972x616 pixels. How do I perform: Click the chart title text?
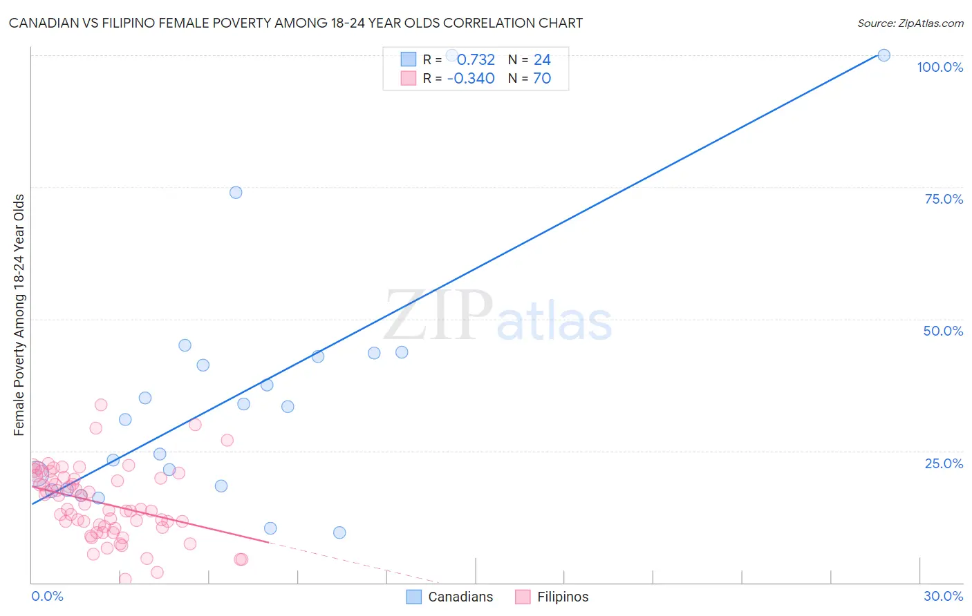[296, 23]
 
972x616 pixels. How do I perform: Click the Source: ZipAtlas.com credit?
[910, 23]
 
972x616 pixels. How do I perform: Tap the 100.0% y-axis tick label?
[940, 67]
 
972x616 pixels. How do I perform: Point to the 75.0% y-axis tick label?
[944, 199]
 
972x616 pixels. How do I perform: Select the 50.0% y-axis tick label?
[943, 331]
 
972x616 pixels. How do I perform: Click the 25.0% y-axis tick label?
[944, 463]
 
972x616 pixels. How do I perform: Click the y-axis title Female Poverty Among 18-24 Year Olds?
[19, 315]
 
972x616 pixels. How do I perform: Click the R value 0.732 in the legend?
[476, 60]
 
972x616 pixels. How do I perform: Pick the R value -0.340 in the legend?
[471, 79]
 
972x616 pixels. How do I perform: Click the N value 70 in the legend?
[542, 79]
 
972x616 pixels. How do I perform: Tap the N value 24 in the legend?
[542, 60]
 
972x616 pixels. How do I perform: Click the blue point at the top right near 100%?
[884, 55]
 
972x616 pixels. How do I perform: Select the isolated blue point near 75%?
[236, 193]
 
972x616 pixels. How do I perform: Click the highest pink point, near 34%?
[101, 405]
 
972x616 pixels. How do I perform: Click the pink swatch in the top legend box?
[409, 79]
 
